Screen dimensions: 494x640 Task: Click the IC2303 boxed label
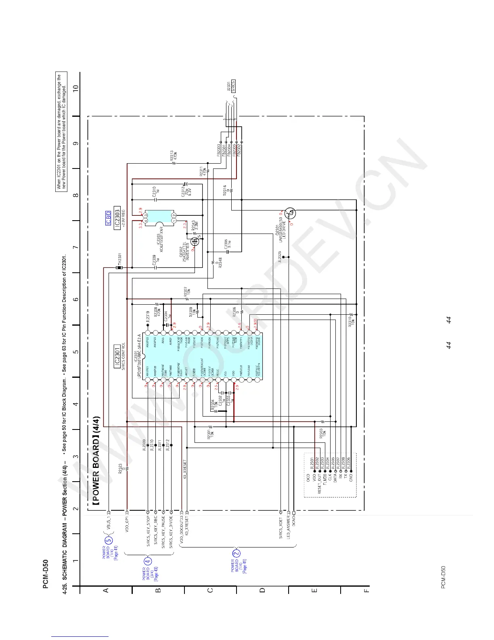pos(117,219)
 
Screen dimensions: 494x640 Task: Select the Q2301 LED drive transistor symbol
pos(290,213)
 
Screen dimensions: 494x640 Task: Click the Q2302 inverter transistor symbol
pos(195,242)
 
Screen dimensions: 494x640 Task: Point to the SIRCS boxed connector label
pos(233,86)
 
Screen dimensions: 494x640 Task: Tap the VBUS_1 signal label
pos(109,524)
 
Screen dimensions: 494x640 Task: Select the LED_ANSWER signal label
pos(288,527)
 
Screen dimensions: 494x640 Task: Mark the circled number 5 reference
pos(108,541)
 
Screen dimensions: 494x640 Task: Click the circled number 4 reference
pos(148,561)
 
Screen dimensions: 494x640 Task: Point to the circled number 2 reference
pos(237,554)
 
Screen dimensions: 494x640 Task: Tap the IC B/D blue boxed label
pos(108,218)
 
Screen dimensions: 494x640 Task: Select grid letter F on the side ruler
pos(366,590)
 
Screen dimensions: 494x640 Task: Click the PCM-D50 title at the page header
pos(46,574)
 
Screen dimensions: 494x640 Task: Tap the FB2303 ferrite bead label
pos(219,150)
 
